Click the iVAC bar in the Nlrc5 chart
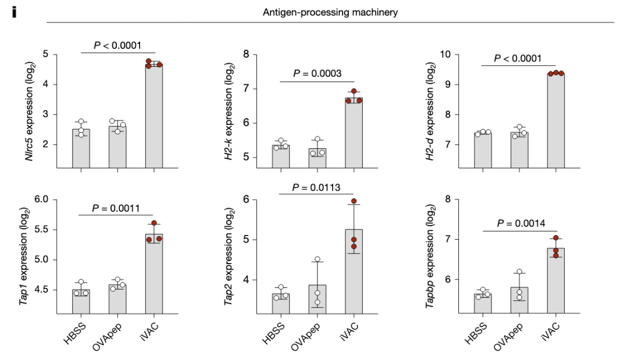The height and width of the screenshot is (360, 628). pyautogui.click(x=154, y=116)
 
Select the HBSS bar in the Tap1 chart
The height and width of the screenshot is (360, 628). pyautogui.click(x=81, y=302)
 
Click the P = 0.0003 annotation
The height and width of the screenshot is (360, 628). pyautogui.click(x=317, y=73)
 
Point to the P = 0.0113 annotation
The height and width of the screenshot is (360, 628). pyautogui.click(x=316, y=187)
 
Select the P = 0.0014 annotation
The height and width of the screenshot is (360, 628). pyautogui.click(x=519, y=222)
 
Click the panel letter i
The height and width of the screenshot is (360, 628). pyautogui.click(x=15, y=12)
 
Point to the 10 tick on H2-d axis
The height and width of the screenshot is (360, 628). pyautogui.click(x=445, y=55)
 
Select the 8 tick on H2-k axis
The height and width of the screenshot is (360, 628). pyautogui.click(x=246, y=55)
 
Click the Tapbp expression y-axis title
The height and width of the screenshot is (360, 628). pyautogui.click(x=431, y=256)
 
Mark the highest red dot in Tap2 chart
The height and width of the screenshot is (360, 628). pyautogui.click(x=353, y=201)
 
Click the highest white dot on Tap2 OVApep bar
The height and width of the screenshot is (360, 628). pyautogui.click(x=317, y=259)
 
